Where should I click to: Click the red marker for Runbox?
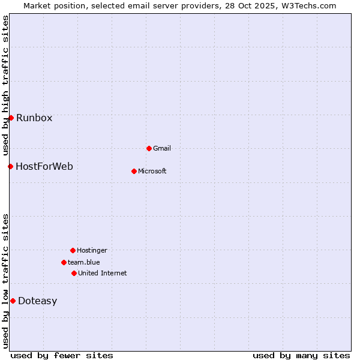[x=11, y=118]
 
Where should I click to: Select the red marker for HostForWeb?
[x=10, y=166]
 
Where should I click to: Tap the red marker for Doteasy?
[x=13, y=301]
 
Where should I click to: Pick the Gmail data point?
[x=149, y=148]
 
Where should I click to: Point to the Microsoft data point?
[x=134, y=171]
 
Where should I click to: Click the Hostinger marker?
[x=73, y=250]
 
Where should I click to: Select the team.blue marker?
[x=64, y=262]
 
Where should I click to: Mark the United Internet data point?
[x=74, y=273]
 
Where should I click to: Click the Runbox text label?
[x=34, y=118]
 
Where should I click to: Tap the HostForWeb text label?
[x=44, y=166]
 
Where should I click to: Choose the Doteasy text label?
[x=37, y=301]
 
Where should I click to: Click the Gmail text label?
[x=162, y=148]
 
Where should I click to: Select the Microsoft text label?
[x=152, y=171]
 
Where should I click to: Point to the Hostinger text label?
[x=92, y=250]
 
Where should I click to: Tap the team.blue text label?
[x=84, y=262]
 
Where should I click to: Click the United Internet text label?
[x=103, y=273]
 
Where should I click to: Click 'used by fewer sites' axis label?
[x=62, y=355]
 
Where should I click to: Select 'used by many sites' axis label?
[x=301, y=355]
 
